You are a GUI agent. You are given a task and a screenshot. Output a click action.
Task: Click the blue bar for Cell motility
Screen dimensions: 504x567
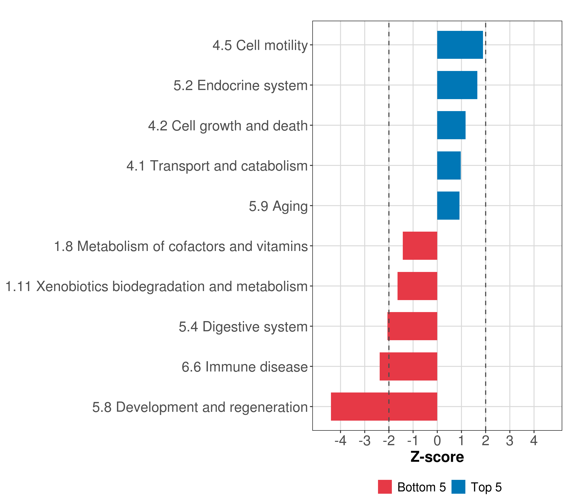[x=460, y=45]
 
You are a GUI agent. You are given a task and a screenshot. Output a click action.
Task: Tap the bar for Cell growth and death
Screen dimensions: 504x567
[x=451, y=125]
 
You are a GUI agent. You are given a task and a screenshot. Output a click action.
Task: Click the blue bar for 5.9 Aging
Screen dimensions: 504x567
[x=448, y=206]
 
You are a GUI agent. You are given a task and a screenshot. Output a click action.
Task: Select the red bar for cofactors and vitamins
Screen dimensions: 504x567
[x=420, y=246]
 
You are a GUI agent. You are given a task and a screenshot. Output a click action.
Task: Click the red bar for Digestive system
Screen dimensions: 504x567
[x=412, y=326]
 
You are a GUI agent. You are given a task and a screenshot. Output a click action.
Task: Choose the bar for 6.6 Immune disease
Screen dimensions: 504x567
[x=408, y=366]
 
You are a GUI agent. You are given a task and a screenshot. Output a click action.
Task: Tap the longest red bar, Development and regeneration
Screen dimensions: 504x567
[x=384, y=407]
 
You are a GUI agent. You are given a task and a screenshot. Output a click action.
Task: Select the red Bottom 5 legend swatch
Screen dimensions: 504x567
[x=385, y=487]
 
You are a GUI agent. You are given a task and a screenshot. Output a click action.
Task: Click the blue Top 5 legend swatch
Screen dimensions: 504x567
[x=458, y=487]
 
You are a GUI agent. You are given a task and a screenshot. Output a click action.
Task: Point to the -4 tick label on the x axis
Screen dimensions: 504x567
[x=340, y=441]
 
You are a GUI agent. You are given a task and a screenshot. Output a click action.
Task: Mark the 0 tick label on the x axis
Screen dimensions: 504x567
[x=437, y=441]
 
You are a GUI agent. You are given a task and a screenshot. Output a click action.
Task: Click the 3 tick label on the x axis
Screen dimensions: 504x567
[x=510, y=441]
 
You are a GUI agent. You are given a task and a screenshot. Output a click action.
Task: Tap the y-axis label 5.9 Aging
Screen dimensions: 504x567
[x=278, y=206]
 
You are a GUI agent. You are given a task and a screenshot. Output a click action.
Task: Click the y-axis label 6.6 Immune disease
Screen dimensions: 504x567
[x=245, y=367]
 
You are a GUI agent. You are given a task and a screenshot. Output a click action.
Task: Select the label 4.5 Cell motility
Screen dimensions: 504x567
[x=260, y=46]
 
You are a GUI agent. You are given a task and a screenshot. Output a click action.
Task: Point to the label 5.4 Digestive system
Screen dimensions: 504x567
[x=243, y=327]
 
